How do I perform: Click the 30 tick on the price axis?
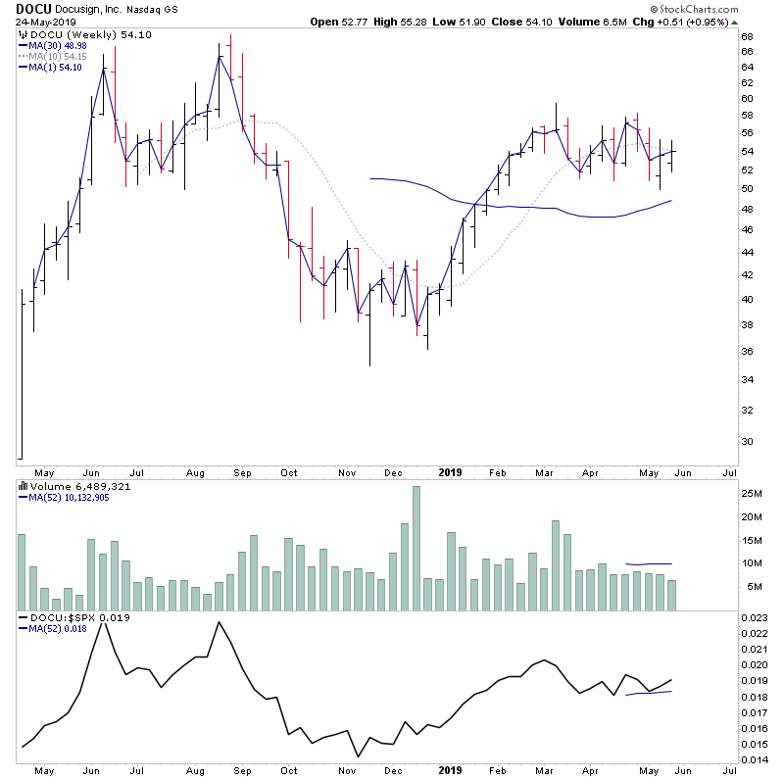pos(746,441)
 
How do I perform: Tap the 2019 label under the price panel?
pos(450,470)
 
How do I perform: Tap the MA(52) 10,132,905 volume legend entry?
pos(76,498)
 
